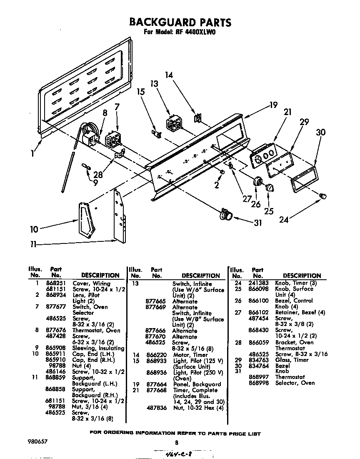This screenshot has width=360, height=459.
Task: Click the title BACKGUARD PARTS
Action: click(x=180, y=22)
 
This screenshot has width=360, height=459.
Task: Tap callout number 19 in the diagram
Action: click(x=273, y=105)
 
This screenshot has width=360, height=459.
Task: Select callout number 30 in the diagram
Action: click(x=320, y=133)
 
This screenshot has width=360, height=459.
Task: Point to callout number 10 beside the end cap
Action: click(x=34, y=229)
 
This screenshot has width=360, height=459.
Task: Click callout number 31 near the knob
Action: click(x=258, y=223)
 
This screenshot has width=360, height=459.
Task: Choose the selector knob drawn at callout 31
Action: click(x=225, y=214)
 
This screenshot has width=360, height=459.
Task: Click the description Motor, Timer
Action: click(x=190, y=355)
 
